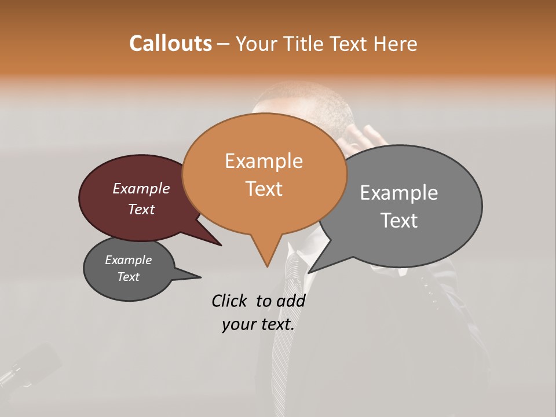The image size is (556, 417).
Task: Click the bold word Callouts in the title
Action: [x=170, y=43]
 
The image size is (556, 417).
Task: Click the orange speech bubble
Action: [x=264, y=174]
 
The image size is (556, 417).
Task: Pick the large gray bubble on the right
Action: [x=405, y=206]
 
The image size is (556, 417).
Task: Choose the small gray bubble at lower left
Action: [x=129, y=269]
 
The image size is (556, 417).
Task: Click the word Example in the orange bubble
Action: [x=264, y=160]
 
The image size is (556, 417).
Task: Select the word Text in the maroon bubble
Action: [x=141, y=209]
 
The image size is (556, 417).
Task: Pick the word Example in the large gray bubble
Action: [x=398, y=192]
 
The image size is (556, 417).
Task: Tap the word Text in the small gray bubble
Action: [x=129, y=277]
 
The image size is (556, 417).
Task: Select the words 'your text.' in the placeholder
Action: [x=258, y=324]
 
